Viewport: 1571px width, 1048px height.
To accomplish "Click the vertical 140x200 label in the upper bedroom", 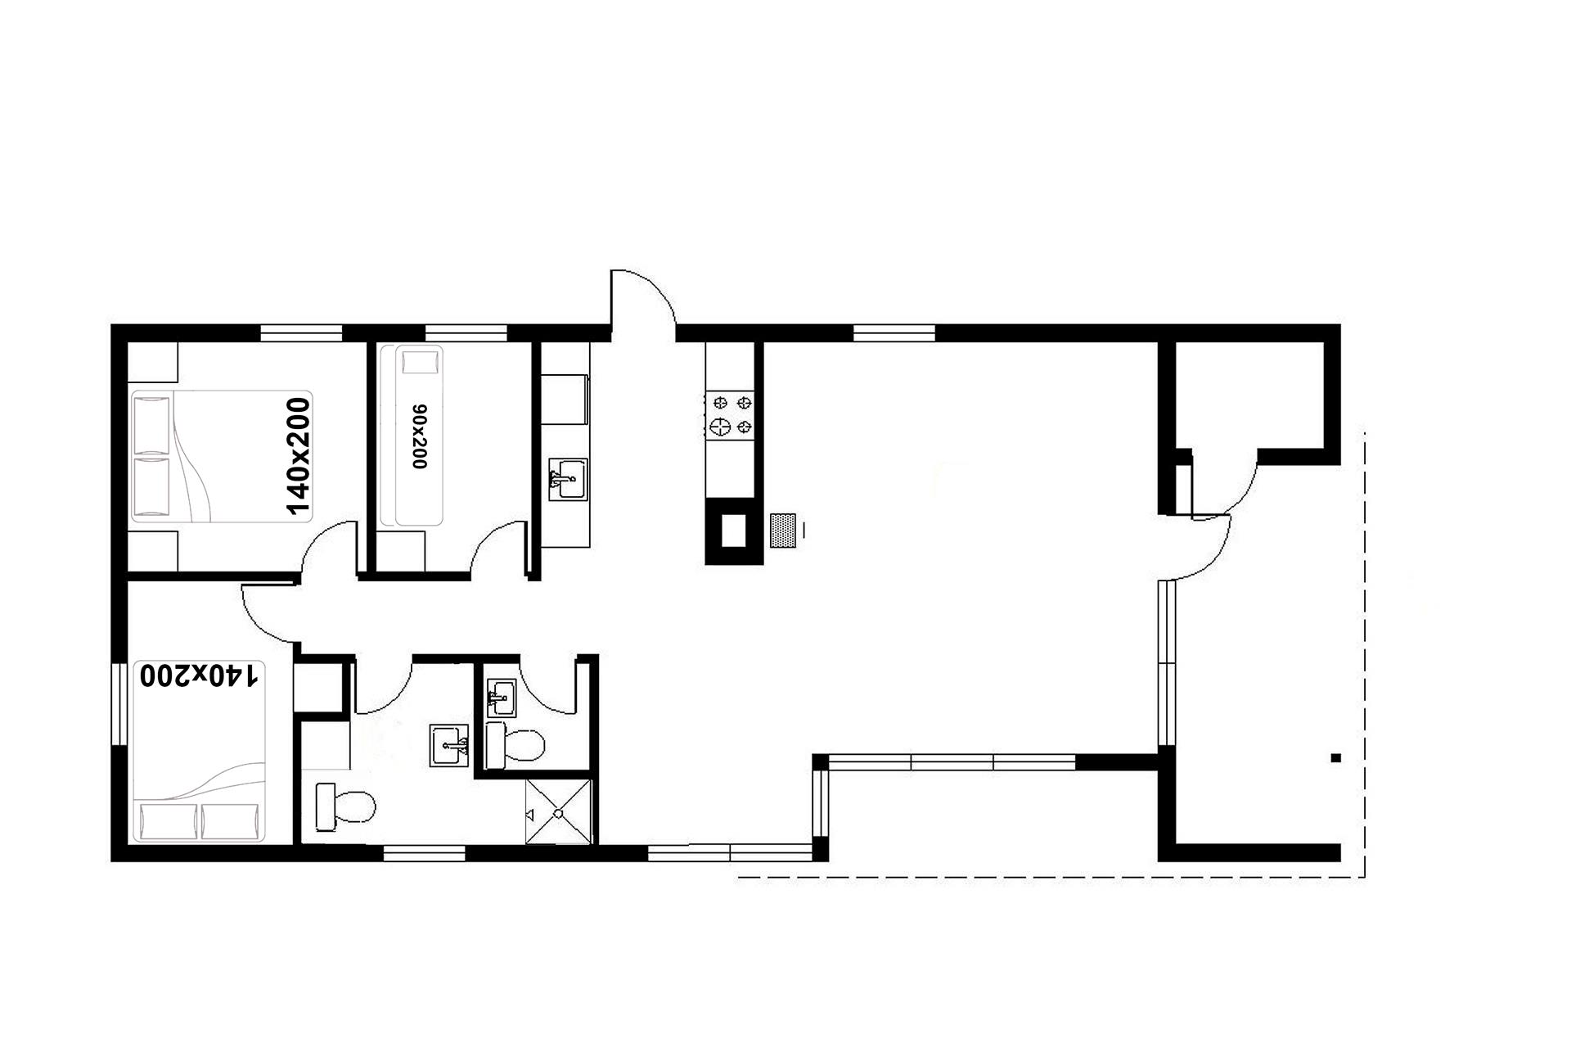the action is [x=299, y=456].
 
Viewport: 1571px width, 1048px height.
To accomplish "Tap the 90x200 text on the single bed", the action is [x=420, y=436].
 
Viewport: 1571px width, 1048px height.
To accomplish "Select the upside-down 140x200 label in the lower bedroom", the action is [x=200, y=675].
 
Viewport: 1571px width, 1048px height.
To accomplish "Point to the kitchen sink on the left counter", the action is [x=569, y=479].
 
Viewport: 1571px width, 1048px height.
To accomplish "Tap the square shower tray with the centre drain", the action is [x=559, y=811].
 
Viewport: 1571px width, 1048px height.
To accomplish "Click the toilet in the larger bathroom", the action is [x=345, y=805].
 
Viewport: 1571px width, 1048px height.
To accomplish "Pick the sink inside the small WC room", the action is [x=501, y=698].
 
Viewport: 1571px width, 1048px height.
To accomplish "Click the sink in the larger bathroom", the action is [x=450, y=745].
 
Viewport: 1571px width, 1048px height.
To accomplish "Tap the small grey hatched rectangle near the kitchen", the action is [x=784, y=530].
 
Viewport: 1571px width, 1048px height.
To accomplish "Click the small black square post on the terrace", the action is [x=1335, y=757].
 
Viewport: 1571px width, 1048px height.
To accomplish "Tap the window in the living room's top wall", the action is [x=894, y=332].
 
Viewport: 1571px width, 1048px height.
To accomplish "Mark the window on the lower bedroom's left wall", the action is [x=119, y=704].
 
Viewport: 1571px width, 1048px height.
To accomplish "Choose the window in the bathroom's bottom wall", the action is [x=425, y=853].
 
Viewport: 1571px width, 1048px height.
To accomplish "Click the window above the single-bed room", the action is [x=466, y=332].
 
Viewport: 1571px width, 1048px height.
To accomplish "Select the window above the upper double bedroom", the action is [x=301, y=332].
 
